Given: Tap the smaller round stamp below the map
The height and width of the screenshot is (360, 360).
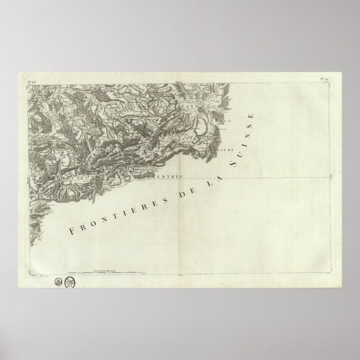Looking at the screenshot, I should [x=58, y=282].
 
